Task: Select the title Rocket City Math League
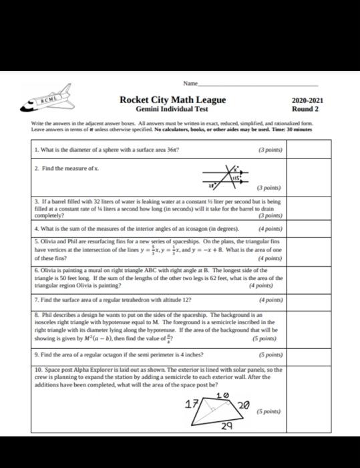point(172,100)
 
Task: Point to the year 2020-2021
point(305,100)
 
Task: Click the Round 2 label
point(305,109)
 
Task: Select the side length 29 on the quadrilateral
point(227,426)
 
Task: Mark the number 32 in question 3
point(81,201)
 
